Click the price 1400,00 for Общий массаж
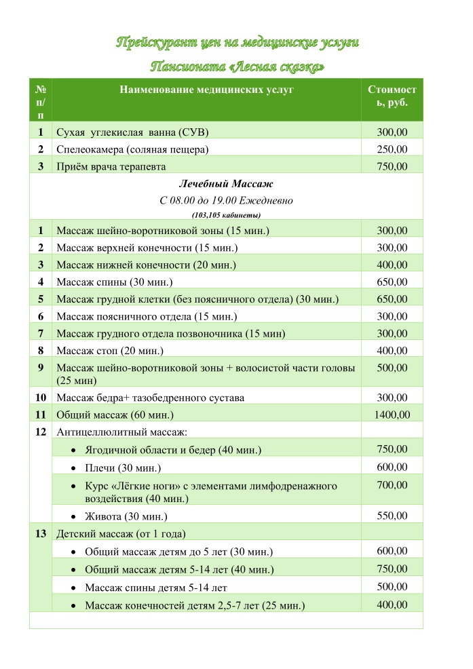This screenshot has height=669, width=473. (392, 415)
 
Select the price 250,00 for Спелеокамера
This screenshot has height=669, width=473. (392, 149)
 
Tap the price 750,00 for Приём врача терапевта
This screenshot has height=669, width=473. (392, 166)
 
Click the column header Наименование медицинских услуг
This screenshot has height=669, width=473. (207, 90)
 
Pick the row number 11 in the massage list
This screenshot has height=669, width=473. (41, 415)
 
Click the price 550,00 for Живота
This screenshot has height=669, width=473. (392, 516)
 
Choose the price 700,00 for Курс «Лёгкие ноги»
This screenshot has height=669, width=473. (392, 485)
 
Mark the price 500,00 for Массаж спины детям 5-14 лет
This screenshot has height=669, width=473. (392, 587)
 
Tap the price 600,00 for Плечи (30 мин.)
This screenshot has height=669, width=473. (392, 467)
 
